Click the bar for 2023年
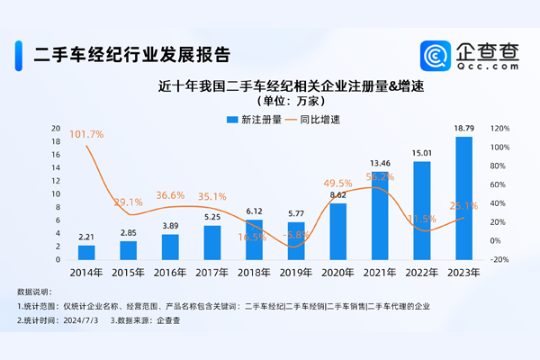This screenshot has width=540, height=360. pos(464,198)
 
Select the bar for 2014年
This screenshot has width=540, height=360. pos(86,252)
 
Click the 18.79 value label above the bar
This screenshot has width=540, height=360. pos(464,129)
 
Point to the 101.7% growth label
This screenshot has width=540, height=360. pos(86,134)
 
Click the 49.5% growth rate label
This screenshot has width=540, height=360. pos(337,184)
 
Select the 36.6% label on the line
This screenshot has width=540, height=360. pos(169,195)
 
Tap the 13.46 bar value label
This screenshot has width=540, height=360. pos(381,163)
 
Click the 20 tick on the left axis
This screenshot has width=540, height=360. pos(56,128)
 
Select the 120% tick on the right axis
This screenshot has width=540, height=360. pos(499,128)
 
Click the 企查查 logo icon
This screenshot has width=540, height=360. pos(436,56)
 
